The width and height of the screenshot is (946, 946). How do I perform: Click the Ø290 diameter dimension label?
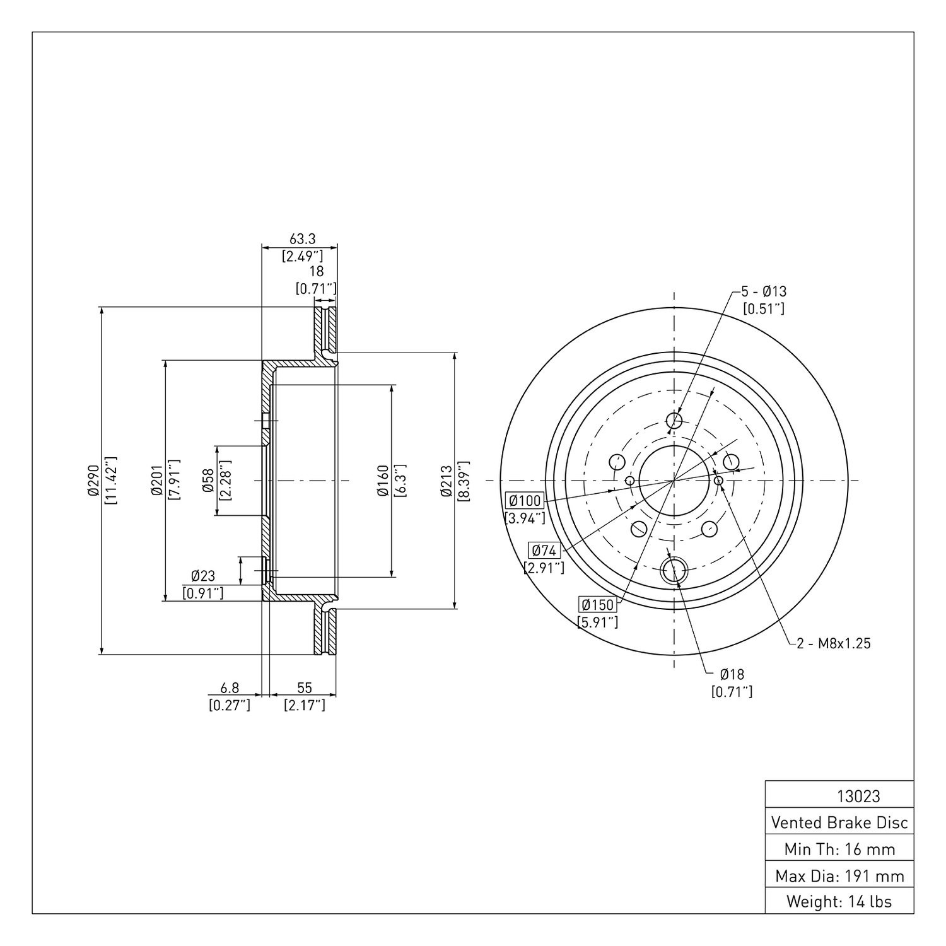pos(94,480)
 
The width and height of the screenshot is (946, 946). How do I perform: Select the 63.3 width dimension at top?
pos(302,239)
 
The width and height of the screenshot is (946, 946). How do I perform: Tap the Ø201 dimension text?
pos(157,480)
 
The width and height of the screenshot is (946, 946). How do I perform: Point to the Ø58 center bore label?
pos(207,480)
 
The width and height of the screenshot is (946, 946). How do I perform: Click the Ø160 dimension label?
pos(382,481)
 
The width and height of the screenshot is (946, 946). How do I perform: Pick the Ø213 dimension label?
pos(446,481)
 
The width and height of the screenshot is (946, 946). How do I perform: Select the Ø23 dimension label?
pos(203,576)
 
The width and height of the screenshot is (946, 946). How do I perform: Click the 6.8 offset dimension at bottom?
pos(230,688)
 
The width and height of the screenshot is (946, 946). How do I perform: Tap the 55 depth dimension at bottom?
pos(304,688)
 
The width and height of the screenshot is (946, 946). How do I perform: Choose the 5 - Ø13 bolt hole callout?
pos(764,292)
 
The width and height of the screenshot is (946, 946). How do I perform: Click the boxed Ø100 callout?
pos(525,501)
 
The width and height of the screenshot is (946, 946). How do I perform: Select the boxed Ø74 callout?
pos(544,550)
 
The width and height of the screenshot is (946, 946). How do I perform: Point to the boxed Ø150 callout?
pos(597,605)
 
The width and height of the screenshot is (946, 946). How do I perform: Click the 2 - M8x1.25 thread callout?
pos(833,643)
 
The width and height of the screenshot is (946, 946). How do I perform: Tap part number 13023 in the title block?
pos(858,796)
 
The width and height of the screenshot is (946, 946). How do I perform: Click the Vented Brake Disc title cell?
pos(839,822)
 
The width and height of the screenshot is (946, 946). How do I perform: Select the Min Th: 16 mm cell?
pos(839,849)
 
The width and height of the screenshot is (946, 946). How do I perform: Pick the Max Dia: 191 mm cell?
pos(839,875)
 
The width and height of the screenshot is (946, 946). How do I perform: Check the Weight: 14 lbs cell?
pos(839,901)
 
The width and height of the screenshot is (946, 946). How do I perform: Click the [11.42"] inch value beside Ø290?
pos(111,480)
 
